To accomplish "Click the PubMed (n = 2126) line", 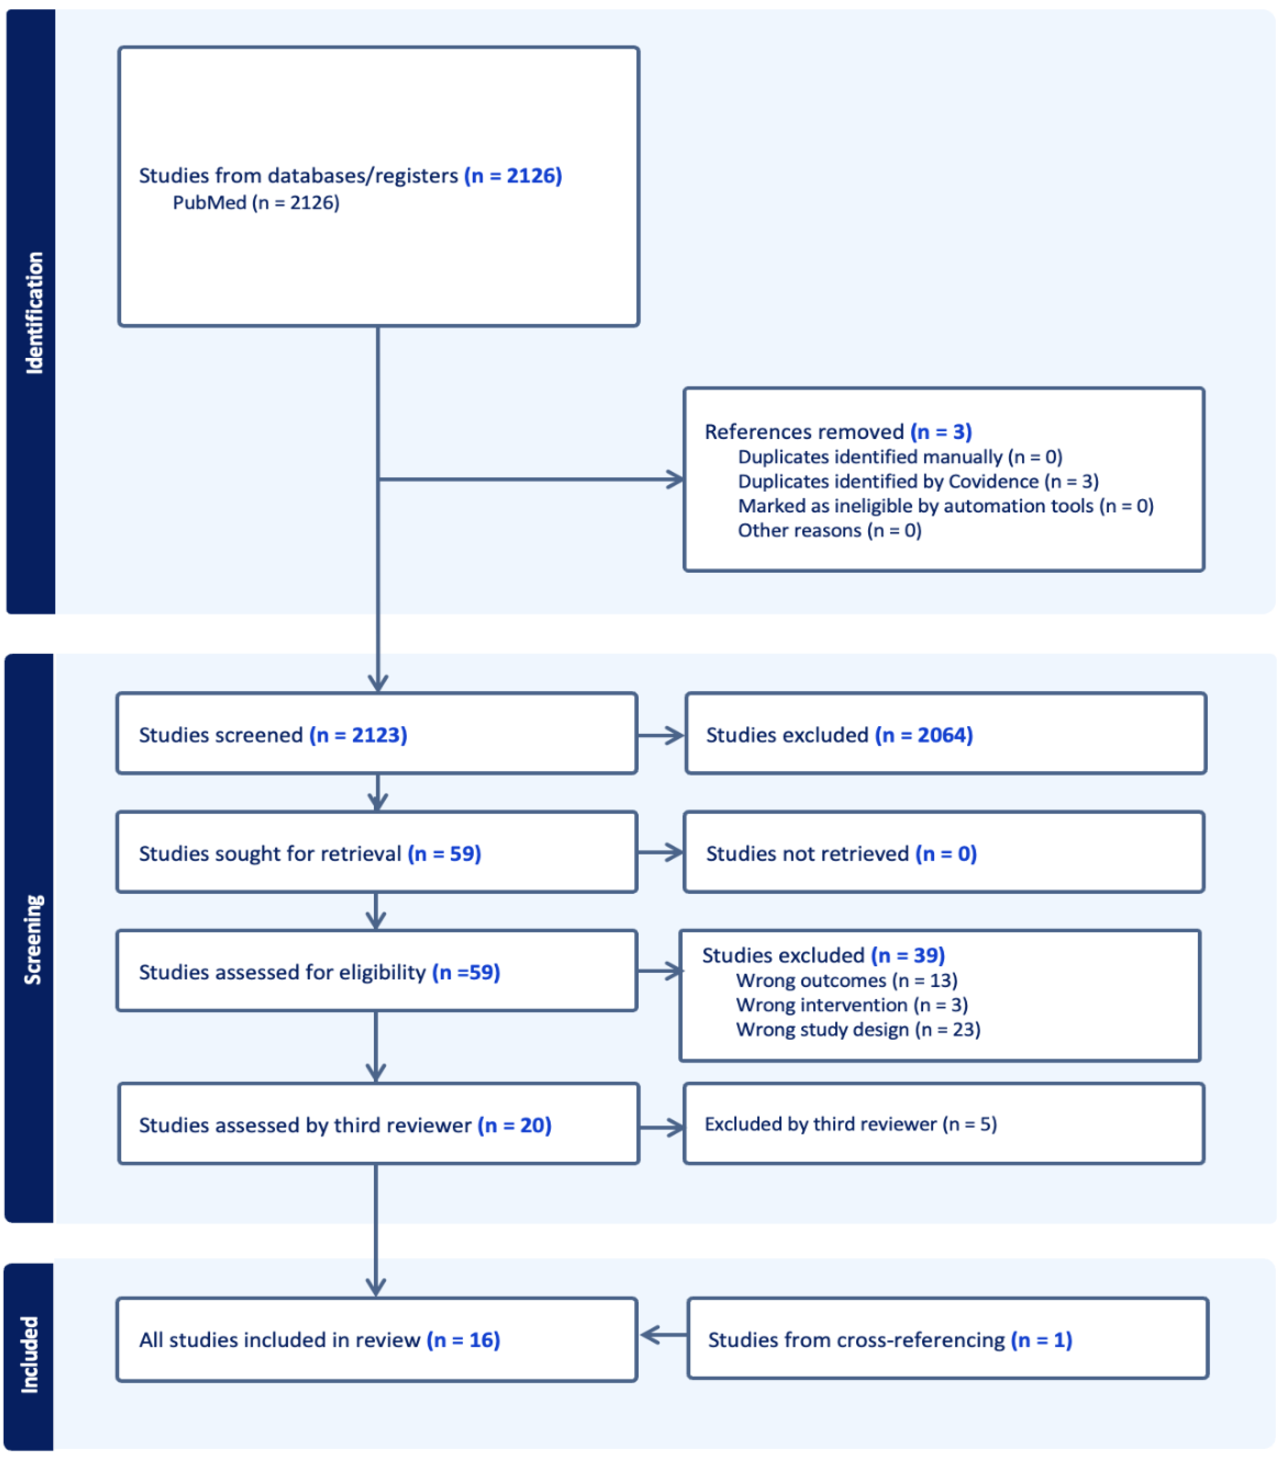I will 256,203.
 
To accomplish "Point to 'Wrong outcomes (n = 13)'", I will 846,980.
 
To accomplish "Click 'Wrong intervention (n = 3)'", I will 851,1004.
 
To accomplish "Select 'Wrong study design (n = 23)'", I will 857,1029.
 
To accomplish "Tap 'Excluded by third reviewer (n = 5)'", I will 850,1124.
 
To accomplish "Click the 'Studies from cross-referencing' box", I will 947,1339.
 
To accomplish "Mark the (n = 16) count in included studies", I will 463,1340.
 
